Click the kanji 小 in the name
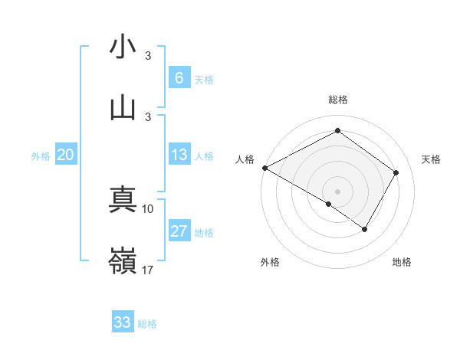(x=123, y=47)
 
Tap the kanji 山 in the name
(x=123, y=106)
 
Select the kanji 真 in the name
(x=123, y=201)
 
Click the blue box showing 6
(x=179, y=77)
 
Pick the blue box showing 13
(x=179, y=155)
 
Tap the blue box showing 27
(x=179, y=231)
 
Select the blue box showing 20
(x=65, y=155)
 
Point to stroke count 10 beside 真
(x=148, y=208)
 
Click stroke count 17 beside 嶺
(x=148, y=270)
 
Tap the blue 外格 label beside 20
(x=41, y=156)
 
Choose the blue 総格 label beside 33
(x=147, y=324)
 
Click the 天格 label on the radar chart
(x=431, y=159)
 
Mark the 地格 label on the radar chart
(x=402, y=262)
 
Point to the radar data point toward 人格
(x=264, y=168)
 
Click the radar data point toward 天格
(x=396, y=172)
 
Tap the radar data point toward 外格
(x=329, y=204)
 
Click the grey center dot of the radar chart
(x=337, y=191)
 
